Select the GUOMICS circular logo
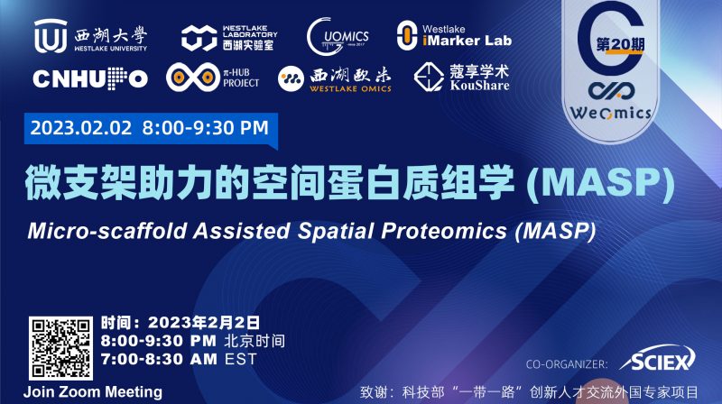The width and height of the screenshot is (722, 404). [x=338, y=36]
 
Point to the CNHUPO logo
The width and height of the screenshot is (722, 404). [x=90, y=79]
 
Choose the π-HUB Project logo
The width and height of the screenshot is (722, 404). [x=213, y=78]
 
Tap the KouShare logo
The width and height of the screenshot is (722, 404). [x=461, y=78]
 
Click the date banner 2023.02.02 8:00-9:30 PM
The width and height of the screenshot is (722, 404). [x=150, y=127]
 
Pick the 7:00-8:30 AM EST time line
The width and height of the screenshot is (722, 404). [x=179, y=359]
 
